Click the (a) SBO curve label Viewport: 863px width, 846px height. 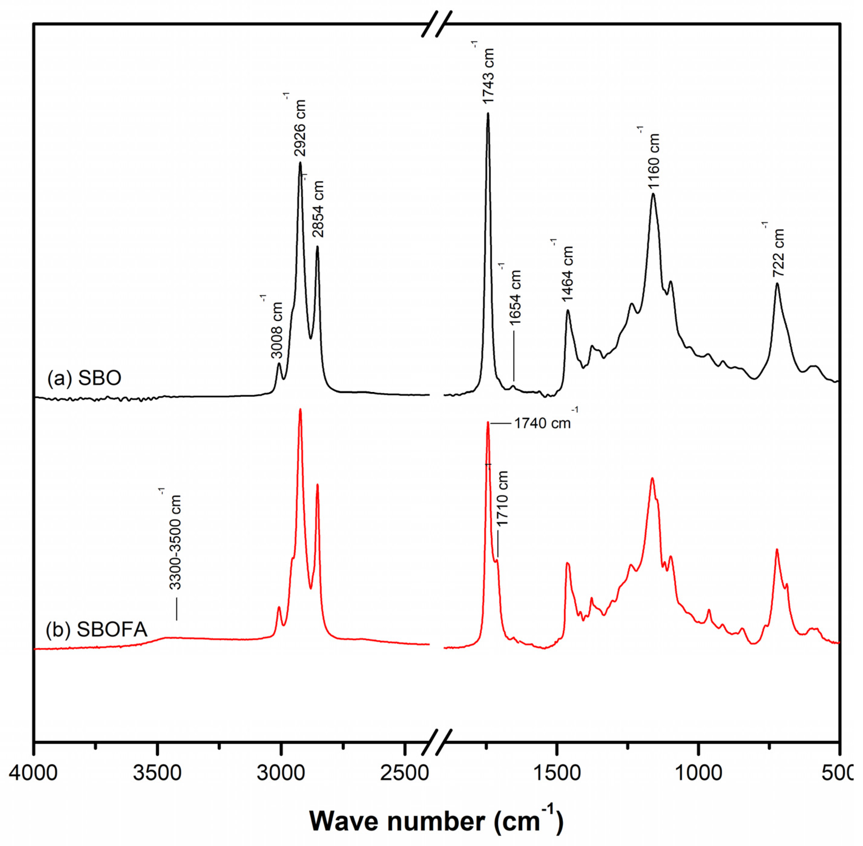84,378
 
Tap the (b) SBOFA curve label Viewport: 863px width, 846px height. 97,630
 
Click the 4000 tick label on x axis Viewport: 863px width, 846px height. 33,774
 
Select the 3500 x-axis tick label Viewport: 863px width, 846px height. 157,774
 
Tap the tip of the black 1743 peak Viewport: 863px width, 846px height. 488,113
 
